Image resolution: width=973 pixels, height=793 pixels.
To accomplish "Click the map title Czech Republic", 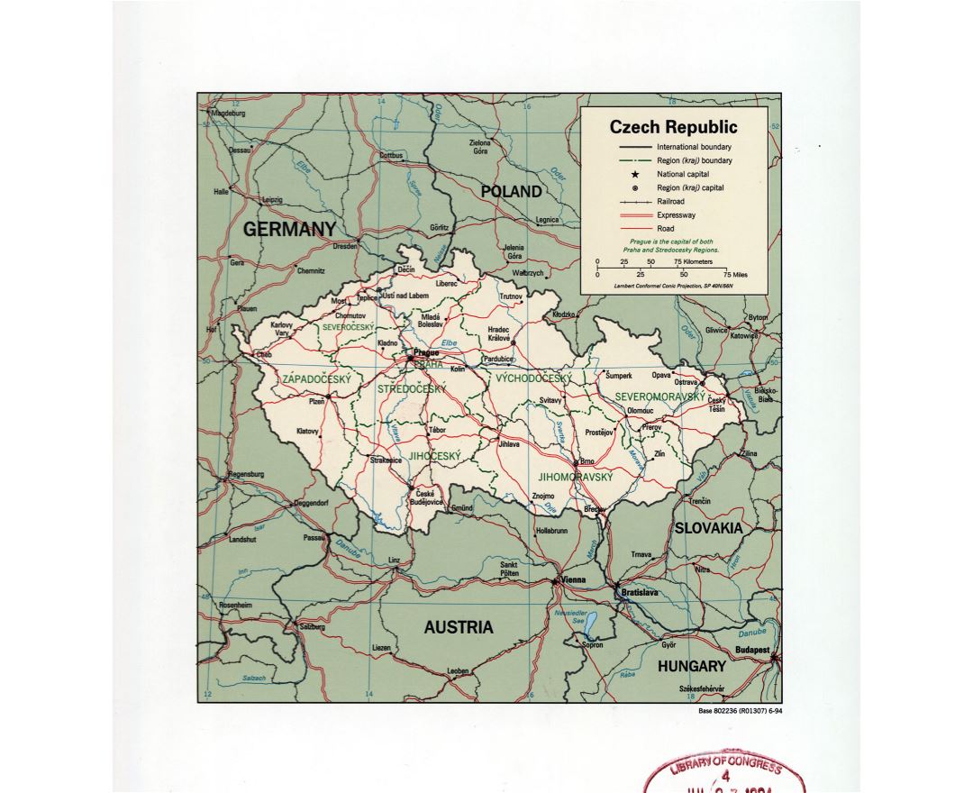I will pyautogui.click(x=673, y=127).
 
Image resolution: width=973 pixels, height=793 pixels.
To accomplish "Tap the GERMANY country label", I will pyautogui.click(x=289, y=230).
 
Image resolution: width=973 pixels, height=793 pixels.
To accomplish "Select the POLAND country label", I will pyautogui.click(x=511, y=192).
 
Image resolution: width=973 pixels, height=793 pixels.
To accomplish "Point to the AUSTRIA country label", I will pyautogui.click(x=459, y=627).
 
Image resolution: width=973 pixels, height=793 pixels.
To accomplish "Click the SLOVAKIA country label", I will pyautogui.click(x=709, y=528).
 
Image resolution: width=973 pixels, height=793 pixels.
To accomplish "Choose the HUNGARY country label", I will pyautogui.click(x=691, y=667).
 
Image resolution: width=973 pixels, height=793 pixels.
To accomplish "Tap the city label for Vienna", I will pyautogui.click(x=574, y=580).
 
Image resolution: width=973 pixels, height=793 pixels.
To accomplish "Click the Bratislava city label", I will pyautogui.click(x=639, y=593).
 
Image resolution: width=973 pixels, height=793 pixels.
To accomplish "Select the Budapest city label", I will pyautogui.click(x=751, y=649).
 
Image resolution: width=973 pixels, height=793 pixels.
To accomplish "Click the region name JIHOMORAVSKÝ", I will pyautogui.click(x=575, y=477).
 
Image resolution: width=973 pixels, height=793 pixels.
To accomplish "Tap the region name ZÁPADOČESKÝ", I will pyautogui.click(x=316, y=379).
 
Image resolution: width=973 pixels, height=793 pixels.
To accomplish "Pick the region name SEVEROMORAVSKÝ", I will pyautogui.click(x=659, y=396).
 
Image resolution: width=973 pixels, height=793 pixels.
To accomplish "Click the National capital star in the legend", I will pyautogui.click(x=635, y=174).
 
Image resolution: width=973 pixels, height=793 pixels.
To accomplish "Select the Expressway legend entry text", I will pyautogui.click(x=676, y=215).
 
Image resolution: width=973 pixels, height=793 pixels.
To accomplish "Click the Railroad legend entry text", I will pyautogui.click(x=671, y=202).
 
